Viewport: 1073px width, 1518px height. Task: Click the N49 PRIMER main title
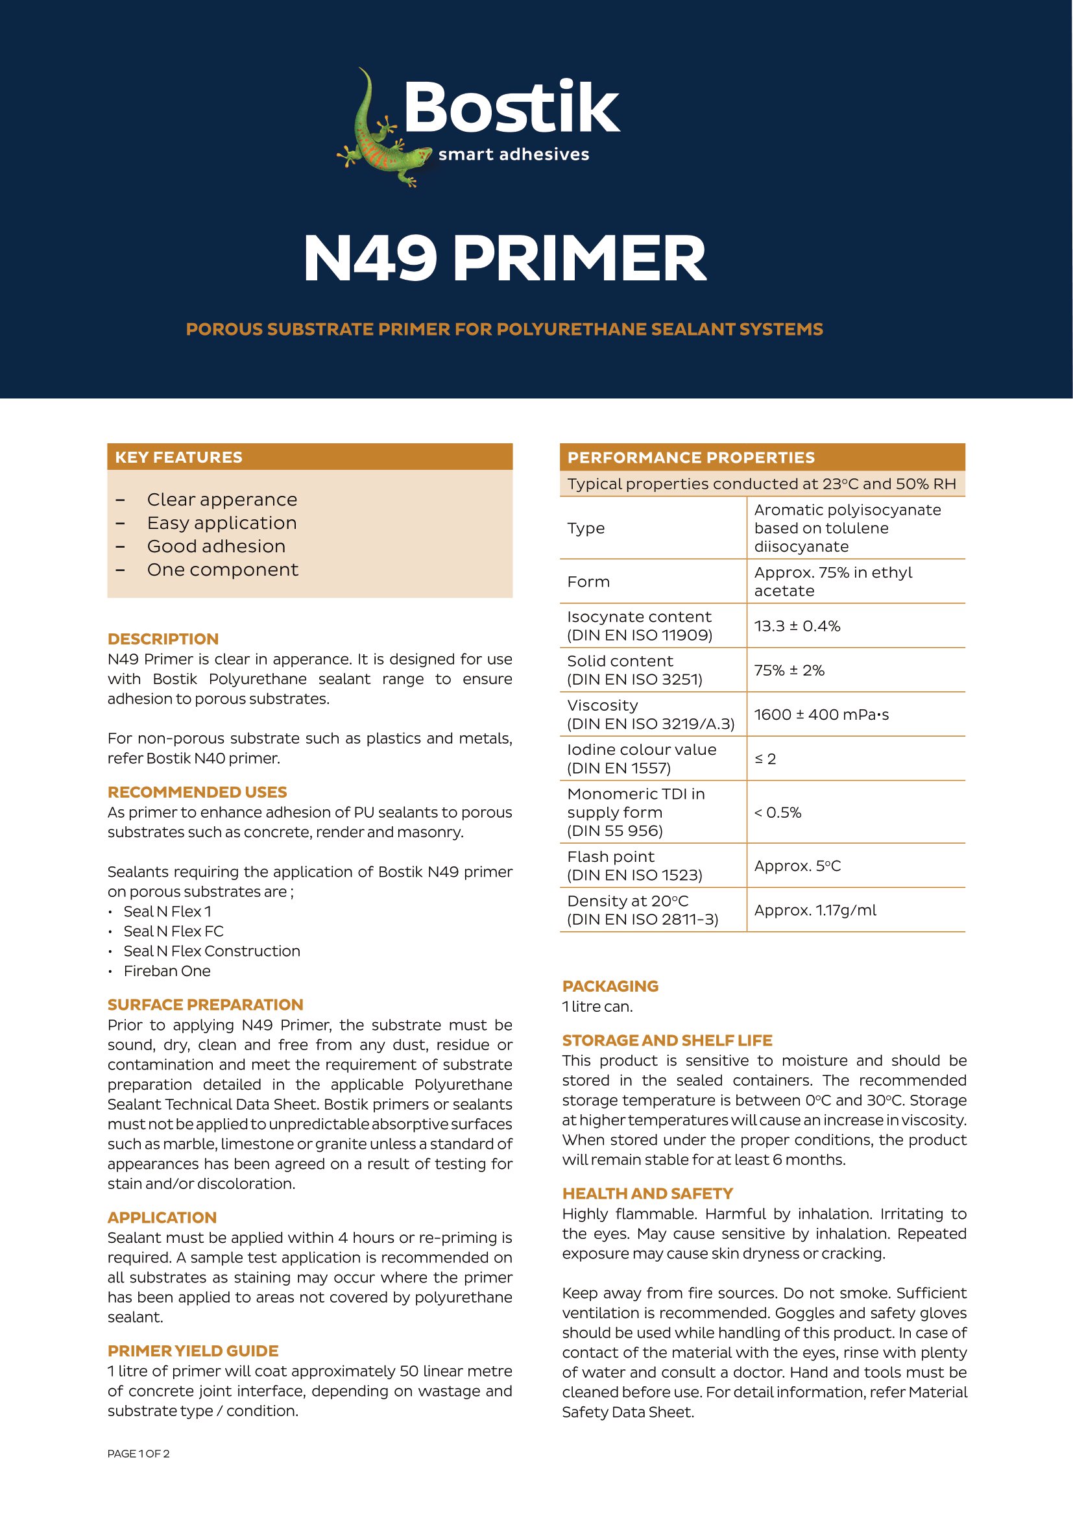(x=505, y=258)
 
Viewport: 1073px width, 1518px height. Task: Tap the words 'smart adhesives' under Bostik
(x=513, y=154)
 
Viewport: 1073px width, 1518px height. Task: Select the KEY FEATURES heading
(x=178, y=457)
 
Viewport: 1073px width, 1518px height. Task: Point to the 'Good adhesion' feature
(x=216, y=546)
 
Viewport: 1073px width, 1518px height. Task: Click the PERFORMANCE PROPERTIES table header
(x=691, y=458)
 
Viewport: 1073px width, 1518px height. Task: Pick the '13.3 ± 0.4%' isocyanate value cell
(x=797, y=626)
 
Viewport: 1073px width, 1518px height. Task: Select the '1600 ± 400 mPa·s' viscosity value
(x=821, y=715)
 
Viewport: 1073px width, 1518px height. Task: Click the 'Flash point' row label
(x=610, y=857)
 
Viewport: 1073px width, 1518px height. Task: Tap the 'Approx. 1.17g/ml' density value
(x=815, y=911)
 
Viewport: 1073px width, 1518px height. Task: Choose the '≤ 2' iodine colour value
(x=765, y=759)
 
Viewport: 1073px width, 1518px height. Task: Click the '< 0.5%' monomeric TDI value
(x=778, y=813)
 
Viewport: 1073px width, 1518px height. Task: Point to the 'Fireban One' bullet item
(x=167, y=972)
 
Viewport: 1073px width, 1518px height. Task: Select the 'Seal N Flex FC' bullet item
(x=174, y=931)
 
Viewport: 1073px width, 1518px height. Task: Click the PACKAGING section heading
(x=610, y=986)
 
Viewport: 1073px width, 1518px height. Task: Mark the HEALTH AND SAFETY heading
(x=647, y=1194)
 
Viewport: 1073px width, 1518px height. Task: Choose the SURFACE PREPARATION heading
(x=206, y=1005)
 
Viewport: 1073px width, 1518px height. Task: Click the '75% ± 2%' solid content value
(x=789, y=670)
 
